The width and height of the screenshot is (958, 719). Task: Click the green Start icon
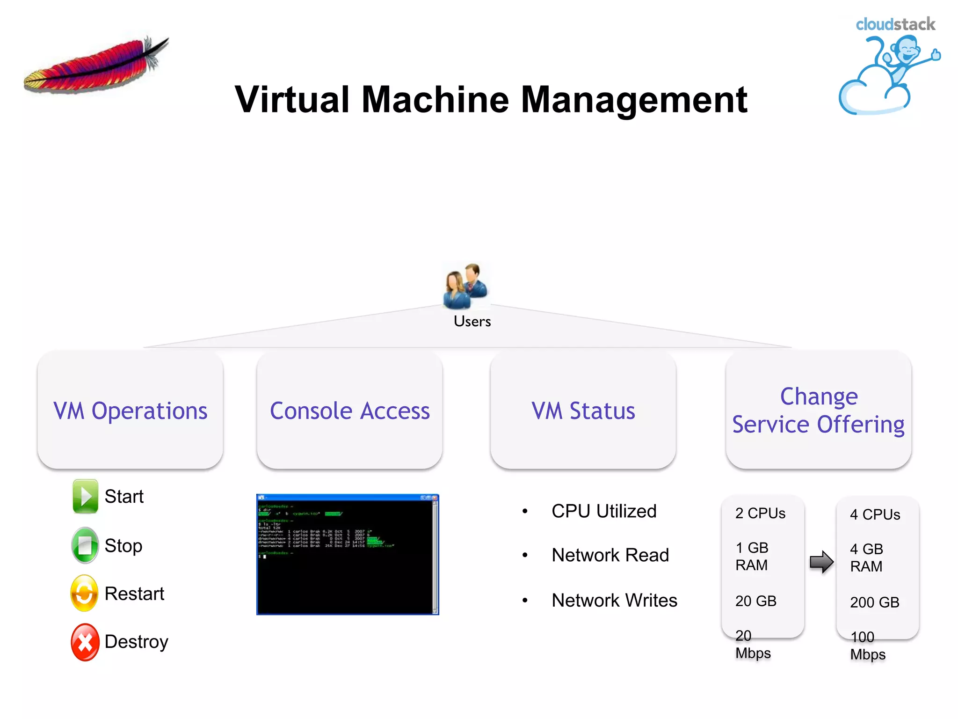click(x=85, y=496)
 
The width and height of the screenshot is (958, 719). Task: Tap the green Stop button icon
click(x=85, y=545)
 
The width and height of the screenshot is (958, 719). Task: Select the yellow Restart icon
click(x=85, y=594)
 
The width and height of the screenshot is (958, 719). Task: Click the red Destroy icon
click(x=85, y=642)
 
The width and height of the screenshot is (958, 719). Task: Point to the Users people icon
click(x=465, y=286)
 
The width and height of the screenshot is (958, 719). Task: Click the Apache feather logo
click(x=96, y=66)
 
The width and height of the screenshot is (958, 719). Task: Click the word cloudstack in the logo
click(x=895, y=24)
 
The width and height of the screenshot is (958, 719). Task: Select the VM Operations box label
click(x=131, y=411)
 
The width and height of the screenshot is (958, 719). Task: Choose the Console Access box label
click(x=350, y=411)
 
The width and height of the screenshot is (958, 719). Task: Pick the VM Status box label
click(x=583, y=411)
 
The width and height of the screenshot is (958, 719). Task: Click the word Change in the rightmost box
click(x=819, y=396)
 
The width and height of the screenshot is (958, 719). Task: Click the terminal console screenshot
click(x=348, y=554)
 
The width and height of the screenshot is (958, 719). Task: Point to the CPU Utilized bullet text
click(x=604, y=511)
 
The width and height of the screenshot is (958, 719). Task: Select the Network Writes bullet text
click(x=614, y=601)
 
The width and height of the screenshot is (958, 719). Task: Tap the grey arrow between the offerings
click(x=821, y=561)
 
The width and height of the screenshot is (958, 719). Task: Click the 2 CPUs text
click(x=760, y=514)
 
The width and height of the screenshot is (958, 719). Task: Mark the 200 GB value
click(x=875, y=602)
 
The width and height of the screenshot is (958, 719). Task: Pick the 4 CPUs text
click(x=875, y=515)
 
